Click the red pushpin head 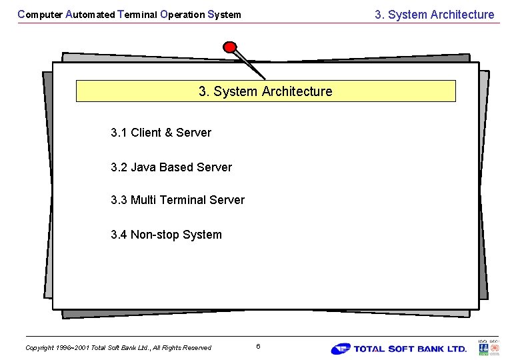point(230,47)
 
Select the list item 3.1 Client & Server point(161,133)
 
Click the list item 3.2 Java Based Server point(171,167)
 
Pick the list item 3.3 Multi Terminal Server point(177,200)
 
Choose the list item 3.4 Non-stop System point(166,235)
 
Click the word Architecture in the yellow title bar point(297,91)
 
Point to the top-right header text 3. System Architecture point(434,15)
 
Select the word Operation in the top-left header point(182,14)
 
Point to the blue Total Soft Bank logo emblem point(341,349)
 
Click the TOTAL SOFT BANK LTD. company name point(410,349)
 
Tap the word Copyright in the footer point(39,347)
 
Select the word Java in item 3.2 point(143,167)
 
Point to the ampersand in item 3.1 point(169,133)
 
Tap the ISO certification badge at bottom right point(489,347)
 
